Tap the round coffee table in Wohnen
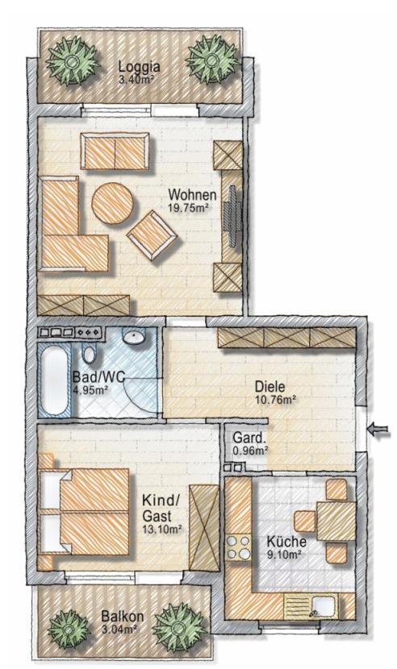pyautogui.click(x=112, y=203)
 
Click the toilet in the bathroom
pyautogui.click(x=90, y=353)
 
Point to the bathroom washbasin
pyautogui.click(x=134, y=336)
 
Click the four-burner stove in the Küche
pyautogui.click(x=238, y=547)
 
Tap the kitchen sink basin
pyautogui.click(x=324, y=605)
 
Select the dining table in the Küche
pyautogui.click(x=336, y=521)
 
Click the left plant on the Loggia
pyautogui.click(x=73, y=60)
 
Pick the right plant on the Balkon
pyautogui.click(x=179, y=627)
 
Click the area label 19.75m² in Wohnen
pyautogui.click(x=189, y=208)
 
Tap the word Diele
pyautogui.click(x=270, y=387)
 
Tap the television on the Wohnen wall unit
pyautogui.click(x=233, y=216)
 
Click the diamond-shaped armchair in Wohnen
pyautogui.click(x=151, y=235)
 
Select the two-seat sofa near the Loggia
pyautogui.click(x=115, y=151)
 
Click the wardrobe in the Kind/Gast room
pyautogui.click(x=204, y=527)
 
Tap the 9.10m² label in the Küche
pyautogui.click(x=284, y=555)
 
